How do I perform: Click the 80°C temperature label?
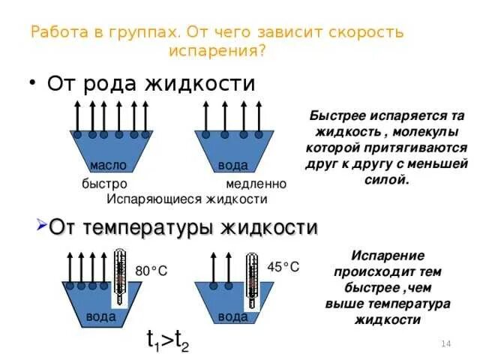[x=151, y=270]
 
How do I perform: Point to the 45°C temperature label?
[x=283, y=267]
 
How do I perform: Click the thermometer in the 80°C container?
[x=120, y=277]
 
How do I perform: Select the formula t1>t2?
[x=167, y=341]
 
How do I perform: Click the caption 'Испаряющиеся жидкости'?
[x=187, y=199]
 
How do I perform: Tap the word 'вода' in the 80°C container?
[x=100, y=316]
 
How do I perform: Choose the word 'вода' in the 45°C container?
[x=232, y=316]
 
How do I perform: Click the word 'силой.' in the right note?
[x=386, y=180]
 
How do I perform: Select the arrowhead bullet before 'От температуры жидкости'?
[x=42, y=226]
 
